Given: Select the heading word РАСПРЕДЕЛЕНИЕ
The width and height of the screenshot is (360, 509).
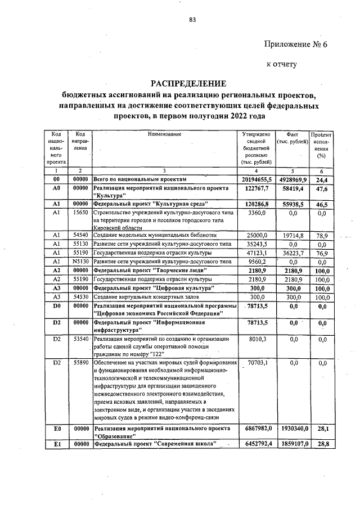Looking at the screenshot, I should tap(191, 83).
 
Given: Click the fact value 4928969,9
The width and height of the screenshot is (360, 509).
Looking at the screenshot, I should tap(292, 179).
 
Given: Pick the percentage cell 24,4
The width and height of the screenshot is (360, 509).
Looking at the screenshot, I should tap(322, 180).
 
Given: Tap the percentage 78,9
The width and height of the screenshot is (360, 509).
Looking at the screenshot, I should tap(322, 235).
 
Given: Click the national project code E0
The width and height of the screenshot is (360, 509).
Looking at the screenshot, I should tap(56, 429).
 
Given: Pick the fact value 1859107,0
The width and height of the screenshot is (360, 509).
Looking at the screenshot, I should tap(291, 444).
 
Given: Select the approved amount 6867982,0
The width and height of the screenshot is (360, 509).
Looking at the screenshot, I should tap(256, 429).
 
